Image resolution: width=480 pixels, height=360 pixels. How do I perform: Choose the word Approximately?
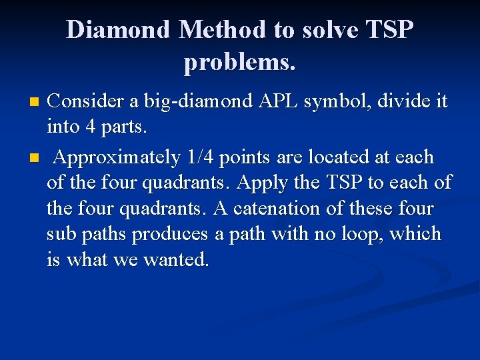tap(117, 158)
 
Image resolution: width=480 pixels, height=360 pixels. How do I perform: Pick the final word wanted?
tap(177, 259)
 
